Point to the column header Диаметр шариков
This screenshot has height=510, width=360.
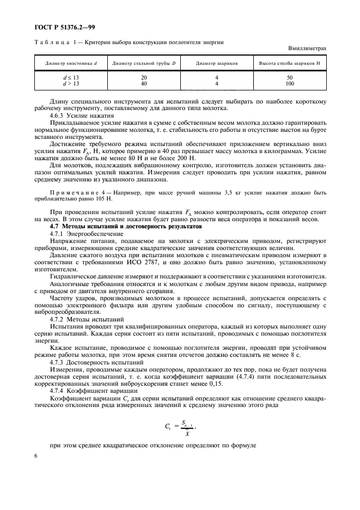click(217, 63)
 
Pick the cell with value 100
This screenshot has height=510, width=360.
click(289, 84)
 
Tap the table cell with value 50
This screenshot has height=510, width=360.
click(289, 78)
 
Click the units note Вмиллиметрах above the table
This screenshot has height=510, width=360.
click(307, 48)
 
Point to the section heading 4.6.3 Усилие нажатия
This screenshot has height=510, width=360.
click(81, 116)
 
